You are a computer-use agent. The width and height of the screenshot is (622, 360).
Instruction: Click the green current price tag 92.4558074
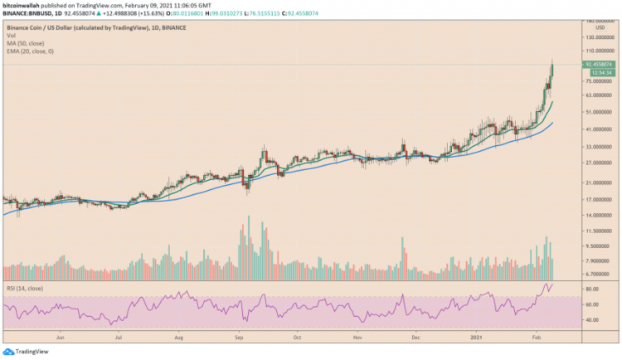[x=599, y=64]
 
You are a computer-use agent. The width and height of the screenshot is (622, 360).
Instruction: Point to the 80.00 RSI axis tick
[x=592, y=289]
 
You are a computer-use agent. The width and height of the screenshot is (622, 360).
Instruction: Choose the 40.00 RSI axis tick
[x=592, y=319]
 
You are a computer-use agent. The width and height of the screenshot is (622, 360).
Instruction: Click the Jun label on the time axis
[x=61, y=338]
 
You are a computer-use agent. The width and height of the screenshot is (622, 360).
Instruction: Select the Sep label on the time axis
[x=238, y=338]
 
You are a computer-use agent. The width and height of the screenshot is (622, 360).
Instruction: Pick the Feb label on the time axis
[x=537, y=338]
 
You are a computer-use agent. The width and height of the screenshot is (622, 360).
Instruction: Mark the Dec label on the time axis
[x=417, y=338]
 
